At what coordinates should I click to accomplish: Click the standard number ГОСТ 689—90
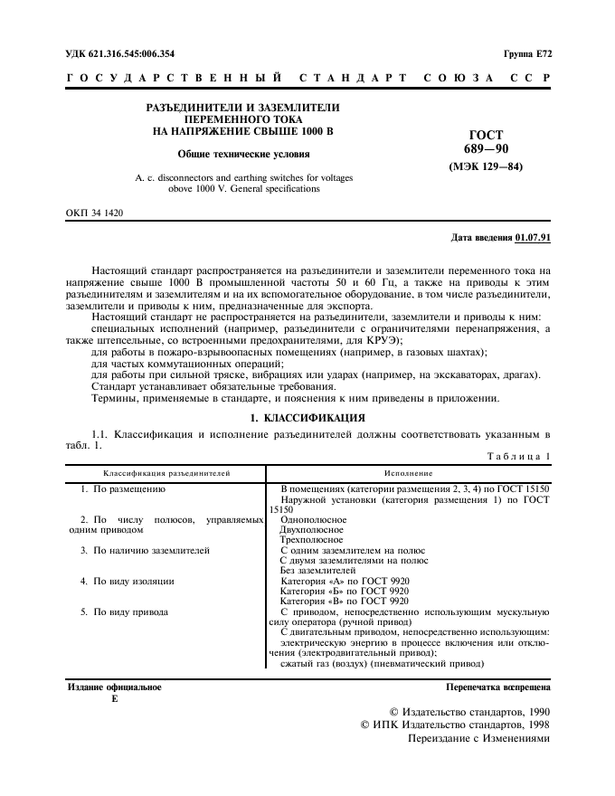point(487,141)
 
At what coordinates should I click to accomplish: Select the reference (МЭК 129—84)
point(487,166)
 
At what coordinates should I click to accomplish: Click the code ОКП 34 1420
point(95,213)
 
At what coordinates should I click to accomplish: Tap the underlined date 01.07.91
point(533,238)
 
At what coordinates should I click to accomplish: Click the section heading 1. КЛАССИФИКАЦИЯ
point(307,418)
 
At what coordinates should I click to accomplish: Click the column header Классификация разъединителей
point(166,473)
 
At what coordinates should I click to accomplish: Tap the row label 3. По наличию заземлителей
point(145,550)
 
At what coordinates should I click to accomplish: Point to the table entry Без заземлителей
point(318,571)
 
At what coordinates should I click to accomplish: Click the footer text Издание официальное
point(116,687)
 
